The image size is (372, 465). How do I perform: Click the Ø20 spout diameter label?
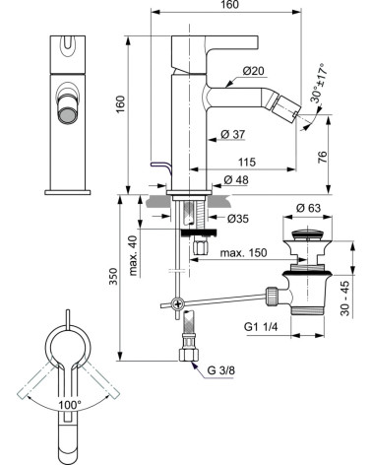253,71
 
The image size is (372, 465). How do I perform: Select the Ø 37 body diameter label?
233,134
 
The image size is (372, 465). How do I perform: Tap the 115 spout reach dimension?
247,162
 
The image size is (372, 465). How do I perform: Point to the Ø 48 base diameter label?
236,179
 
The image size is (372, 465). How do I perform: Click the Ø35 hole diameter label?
238,218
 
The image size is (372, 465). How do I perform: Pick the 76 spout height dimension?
323,158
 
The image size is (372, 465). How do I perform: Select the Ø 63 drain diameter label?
308,208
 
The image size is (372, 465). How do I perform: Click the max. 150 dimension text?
243,252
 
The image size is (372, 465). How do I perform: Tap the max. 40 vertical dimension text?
133,255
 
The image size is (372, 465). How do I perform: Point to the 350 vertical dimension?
113,276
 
